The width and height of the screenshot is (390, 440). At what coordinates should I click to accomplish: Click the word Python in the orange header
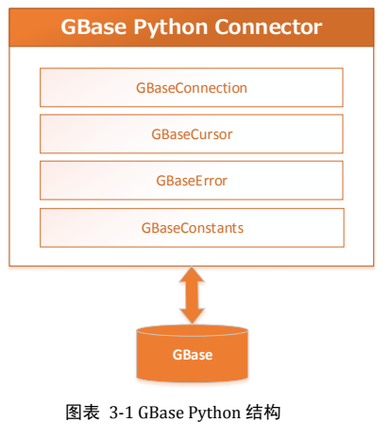coord(171,28)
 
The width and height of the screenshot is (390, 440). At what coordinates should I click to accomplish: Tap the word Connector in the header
coord(268,26)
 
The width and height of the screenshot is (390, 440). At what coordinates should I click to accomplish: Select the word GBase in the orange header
coord(93,26)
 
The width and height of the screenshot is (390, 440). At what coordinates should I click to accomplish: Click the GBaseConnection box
coord(192,87)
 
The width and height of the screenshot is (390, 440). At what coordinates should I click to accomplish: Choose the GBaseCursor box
coord(192,134)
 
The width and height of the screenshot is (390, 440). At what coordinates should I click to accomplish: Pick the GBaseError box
coord(192,181)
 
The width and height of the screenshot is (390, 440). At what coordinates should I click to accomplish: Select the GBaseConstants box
coord(192,227)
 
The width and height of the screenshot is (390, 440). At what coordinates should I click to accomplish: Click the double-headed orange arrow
coord(192,295)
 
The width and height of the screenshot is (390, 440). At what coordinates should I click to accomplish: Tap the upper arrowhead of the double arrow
coord(192,274)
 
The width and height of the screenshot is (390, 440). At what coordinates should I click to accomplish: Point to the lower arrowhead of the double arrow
coord(192,316)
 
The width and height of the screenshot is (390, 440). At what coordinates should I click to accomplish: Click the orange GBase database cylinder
coord(192,353)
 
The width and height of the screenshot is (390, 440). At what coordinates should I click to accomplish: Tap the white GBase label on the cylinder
coord(193,355)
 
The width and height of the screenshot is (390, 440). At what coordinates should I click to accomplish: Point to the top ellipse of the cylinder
coord(192,331)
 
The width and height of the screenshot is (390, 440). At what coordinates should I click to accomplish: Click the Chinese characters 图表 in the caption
coord(82,413)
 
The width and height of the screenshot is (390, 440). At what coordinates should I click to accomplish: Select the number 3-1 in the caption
coord(121,413)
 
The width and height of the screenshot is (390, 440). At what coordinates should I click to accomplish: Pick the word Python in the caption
coord(214,414)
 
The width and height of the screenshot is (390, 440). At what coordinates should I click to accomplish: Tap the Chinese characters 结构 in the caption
coord(263,413)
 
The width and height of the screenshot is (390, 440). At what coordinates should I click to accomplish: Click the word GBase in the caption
coord(161,413)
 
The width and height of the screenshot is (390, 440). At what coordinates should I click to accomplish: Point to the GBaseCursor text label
coord(192,134)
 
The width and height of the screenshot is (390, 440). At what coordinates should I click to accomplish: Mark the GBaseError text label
coord(192,181)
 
